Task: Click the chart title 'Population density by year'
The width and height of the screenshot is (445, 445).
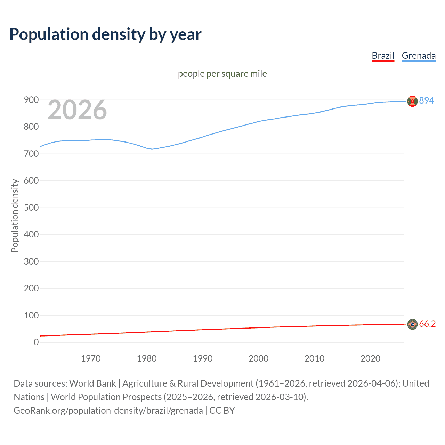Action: (x=105, y=34)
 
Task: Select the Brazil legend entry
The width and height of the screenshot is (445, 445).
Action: (x=383, y=56)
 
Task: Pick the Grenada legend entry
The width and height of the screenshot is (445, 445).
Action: (x=419, y=56)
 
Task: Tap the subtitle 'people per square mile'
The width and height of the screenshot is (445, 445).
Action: (x=222, y=74)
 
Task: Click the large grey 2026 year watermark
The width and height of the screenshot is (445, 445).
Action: (x=77, y=110)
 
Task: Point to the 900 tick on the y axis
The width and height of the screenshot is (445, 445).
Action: (x=31, y=100)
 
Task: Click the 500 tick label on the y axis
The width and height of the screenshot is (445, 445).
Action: (x=31, y=208)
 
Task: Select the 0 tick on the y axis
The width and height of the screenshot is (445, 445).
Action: (x=36, y=342)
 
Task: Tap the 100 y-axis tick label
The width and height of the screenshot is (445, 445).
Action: (x=31, y=315)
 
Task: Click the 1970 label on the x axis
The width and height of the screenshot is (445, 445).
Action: (x=91, y=358)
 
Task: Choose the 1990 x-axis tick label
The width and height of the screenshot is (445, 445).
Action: (x=203, y=358)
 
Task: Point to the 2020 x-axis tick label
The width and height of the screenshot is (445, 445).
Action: (x=370, y=358)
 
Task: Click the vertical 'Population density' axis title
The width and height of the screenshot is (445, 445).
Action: (x=15, y=216)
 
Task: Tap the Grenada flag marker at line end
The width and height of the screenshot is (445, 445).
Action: (x=412, y=101)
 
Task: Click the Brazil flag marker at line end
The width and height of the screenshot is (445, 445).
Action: (x=412, y=324)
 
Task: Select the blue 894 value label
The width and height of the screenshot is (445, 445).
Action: (x=427, y=100)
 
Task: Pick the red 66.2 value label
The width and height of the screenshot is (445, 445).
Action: (x=427, y=324)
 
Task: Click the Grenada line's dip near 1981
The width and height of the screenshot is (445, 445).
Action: (x=152, y=149)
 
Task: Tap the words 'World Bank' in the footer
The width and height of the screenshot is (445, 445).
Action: (x=92, y=383)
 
